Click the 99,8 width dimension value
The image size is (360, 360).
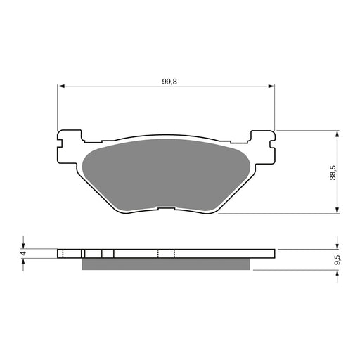tap(165, 82)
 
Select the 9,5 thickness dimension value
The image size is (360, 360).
tap(337, 259)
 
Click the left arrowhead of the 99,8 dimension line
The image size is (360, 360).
tap(61, 86)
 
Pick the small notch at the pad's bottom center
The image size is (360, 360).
tap(165, 209)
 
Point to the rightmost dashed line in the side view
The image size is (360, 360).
tap(174, 254)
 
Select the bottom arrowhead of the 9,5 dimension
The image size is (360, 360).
tap(339, 273)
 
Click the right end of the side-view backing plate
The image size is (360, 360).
tap(273, 254)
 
